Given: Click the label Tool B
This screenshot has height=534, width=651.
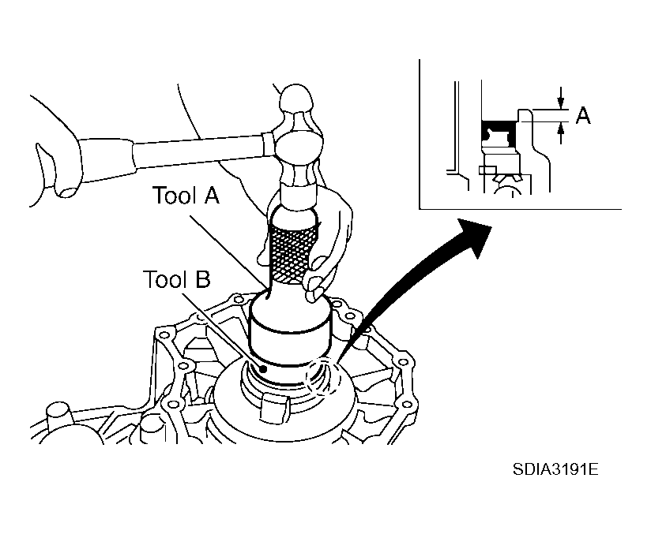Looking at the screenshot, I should click(x=177, y=279).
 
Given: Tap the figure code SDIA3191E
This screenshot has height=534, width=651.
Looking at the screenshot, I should click(x=555, y=470).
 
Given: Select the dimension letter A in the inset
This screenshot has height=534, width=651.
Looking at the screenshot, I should click(x=583, y=117).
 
